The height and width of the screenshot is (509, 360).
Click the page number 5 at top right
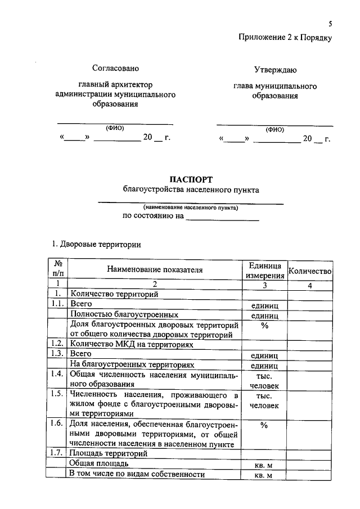(x=331, y=24)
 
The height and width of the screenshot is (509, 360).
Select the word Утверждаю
(x=275, y=70)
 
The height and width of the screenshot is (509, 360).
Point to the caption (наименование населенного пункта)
(x=190, y=208)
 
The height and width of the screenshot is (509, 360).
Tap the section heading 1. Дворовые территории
(x=96, y=244)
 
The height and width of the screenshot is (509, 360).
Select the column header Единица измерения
(x=264, y=270)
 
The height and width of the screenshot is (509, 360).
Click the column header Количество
(x=310, y=271)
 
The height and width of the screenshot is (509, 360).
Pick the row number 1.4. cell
(x=56, y=374)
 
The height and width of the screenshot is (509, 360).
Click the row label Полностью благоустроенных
(x=124, y=315)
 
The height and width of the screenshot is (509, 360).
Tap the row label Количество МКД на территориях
(x=131, y=344)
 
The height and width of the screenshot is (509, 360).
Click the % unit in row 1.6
(x=264, y=426)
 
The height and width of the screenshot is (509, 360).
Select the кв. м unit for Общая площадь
(x=264, y=465)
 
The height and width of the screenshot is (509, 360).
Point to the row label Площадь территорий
(x=108, y=453)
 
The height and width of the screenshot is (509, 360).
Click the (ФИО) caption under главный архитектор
(x=115, y=127)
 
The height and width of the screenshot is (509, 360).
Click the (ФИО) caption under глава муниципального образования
(x=275, y=129)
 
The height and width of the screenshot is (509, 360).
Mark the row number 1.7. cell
(x=56, y=453)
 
